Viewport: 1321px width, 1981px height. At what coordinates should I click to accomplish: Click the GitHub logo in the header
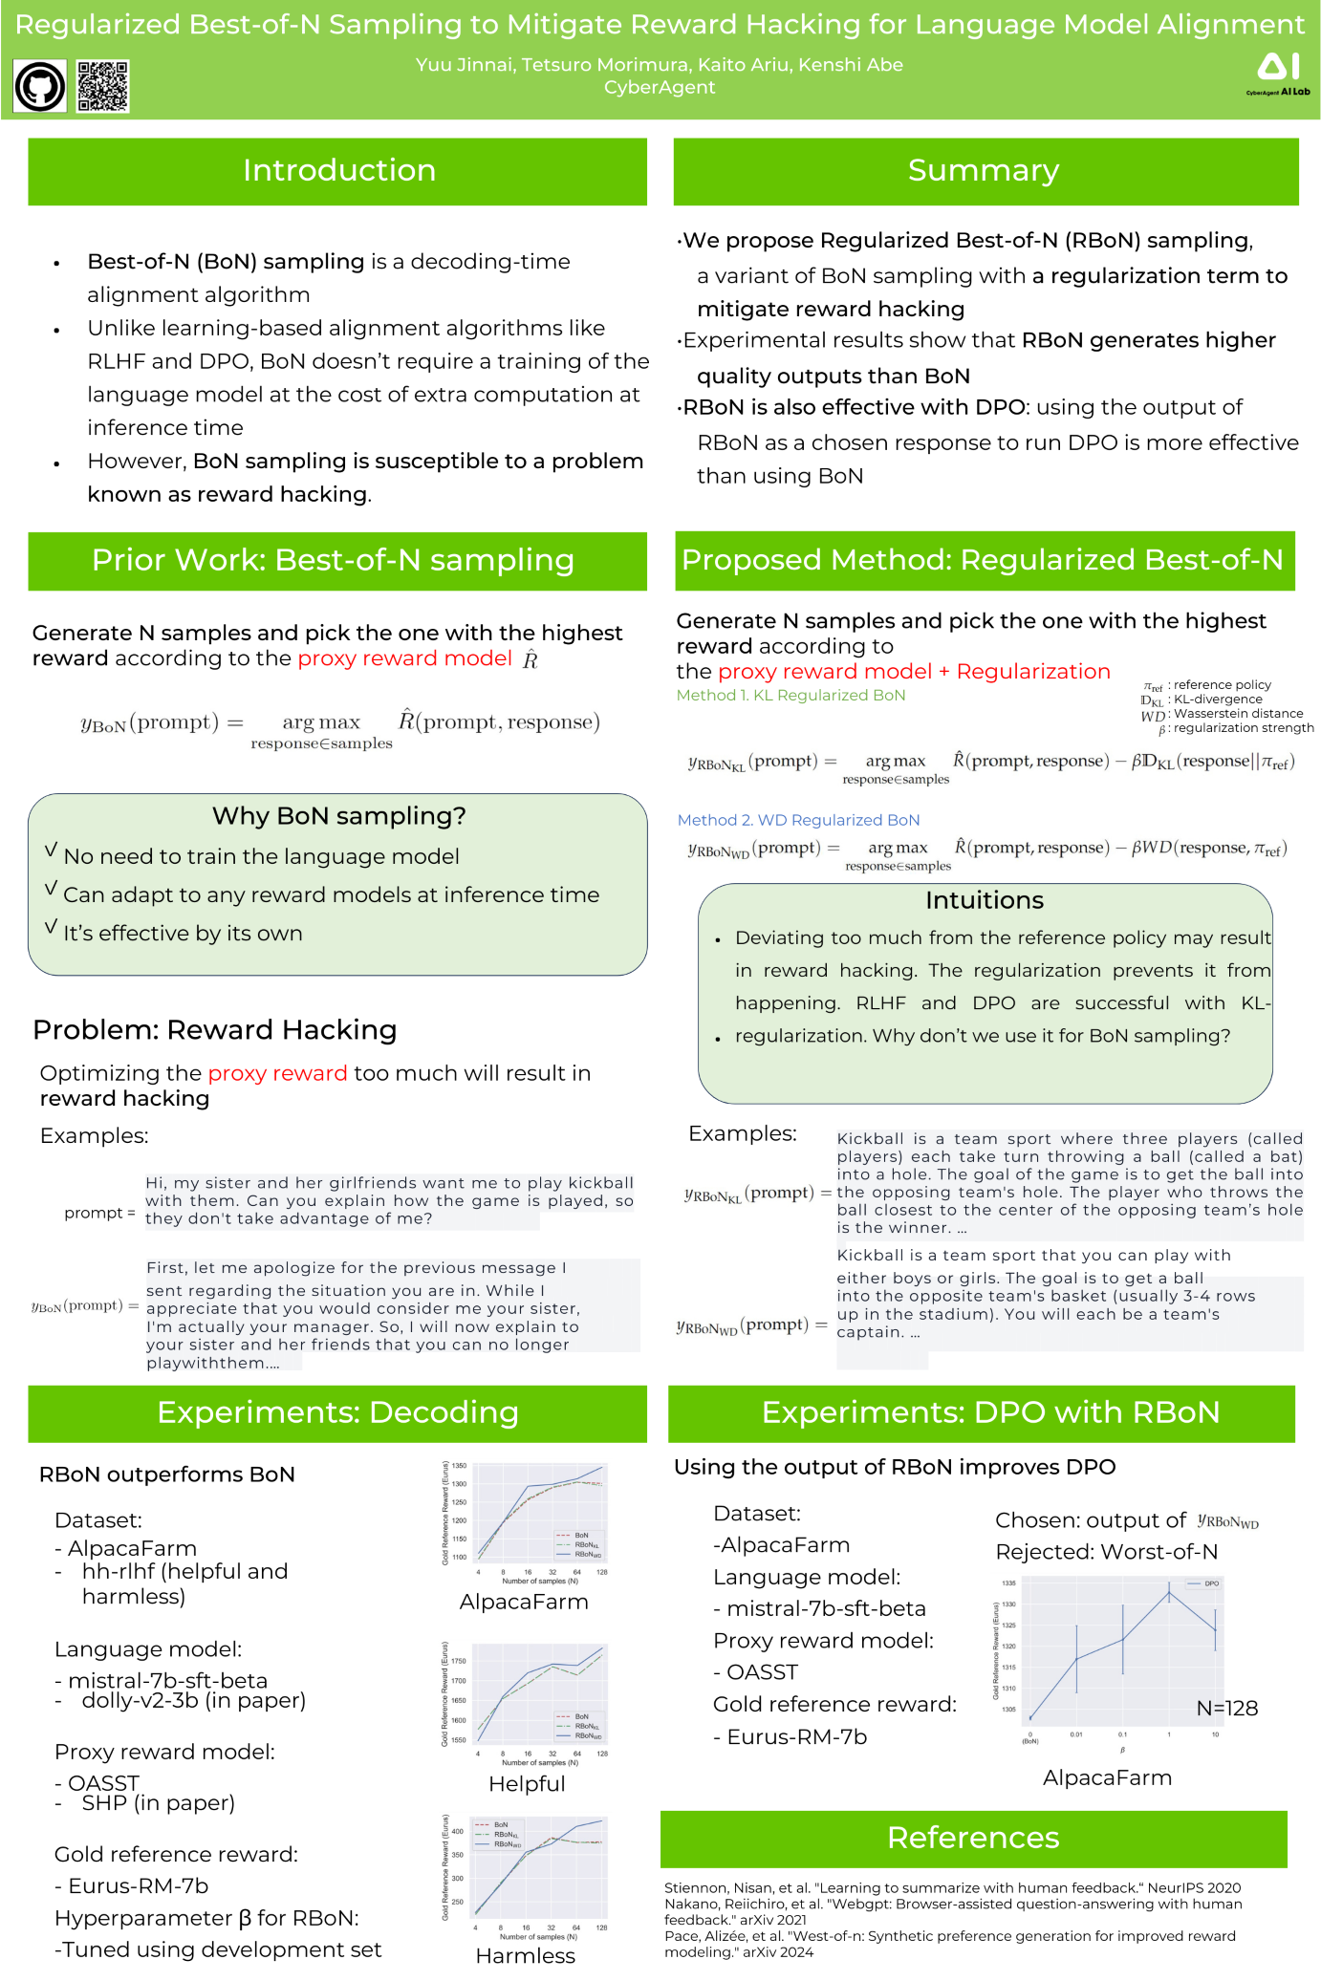tap(39, 87)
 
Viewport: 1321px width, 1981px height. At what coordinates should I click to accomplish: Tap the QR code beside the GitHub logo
tap(102, 86)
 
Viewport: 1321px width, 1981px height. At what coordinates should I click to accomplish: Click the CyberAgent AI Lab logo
tap(1278, 74)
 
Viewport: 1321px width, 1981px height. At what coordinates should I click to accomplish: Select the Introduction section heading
tap(338, 171)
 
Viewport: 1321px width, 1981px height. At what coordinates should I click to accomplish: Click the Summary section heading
tap(984, 171)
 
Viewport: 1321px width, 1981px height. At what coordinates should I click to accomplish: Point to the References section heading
tap(972, 1838)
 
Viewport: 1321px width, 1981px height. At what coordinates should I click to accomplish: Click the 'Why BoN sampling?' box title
tap(338, 816)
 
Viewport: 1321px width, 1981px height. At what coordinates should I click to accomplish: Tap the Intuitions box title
tap(984, 900)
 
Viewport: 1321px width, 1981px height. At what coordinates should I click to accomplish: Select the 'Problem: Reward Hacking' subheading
tap(214, 1030)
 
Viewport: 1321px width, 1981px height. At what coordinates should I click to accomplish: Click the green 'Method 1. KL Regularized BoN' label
tap(790, 696)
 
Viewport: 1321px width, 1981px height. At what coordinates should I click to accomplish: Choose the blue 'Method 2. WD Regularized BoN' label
tap(798, 820)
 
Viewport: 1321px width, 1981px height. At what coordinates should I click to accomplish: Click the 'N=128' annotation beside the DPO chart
tap(1226, 1708)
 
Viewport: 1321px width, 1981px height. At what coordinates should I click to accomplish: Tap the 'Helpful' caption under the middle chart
tap(527, 1784)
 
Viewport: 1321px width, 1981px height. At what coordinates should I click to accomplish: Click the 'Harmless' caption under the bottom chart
tap(525, 1956)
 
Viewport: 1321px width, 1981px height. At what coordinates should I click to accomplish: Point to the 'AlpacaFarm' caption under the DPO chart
tap(1107, 1777)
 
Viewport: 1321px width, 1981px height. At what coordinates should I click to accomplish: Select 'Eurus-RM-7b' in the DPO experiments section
tap(796, 1736)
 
